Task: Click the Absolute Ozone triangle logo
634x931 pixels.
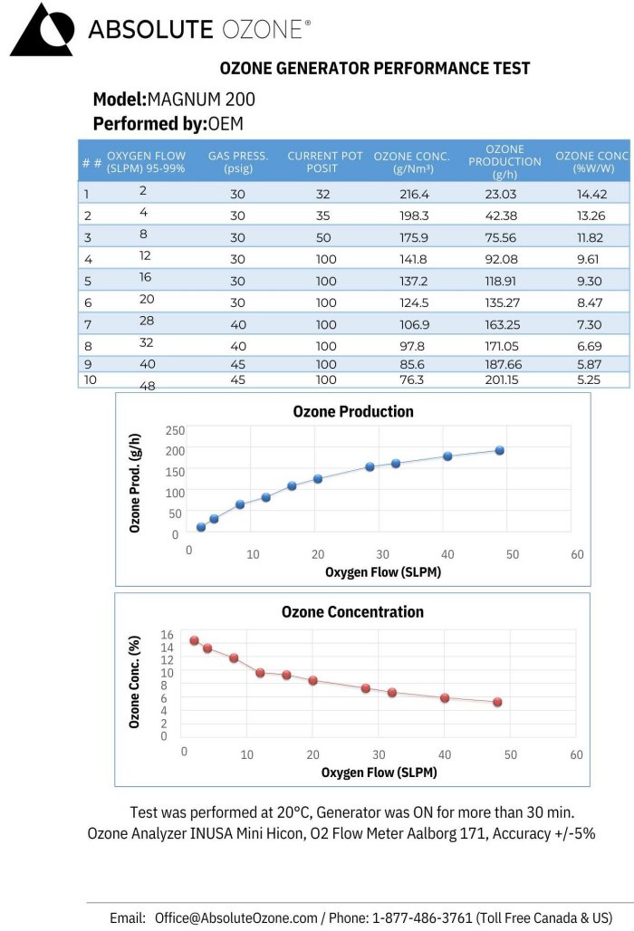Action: [x=41, y=30]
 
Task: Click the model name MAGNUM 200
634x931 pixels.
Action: [x=201, y=99]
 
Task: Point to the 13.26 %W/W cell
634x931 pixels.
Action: [x=590, y=216]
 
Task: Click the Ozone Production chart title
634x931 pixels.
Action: [x=353, y=411]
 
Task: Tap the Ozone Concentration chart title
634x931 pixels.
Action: [x=352, y=612]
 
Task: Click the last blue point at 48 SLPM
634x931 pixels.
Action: [x=499, y=450]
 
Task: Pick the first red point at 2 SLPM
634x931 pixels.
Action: [x=194, y=640]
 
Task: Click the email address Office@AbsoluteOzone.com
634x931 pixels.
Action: [x=235, y=917]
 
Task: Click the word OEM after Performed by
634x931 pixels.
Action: [x=226, y=123]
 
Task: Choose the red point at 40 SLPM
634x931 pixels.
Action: [x=445, y=697]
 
